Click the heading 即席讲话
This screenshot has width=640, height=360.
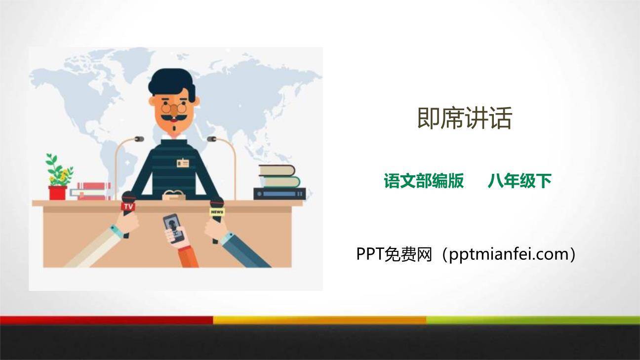(464, 119)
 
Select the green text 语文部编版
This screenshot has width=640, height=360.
(424, 181)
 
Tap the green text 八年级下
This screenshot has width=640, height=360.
(519, 181)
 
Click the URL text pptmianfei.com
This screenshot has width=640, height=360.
(506, 254)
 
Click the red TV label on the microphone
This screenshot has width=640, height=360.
(128, 206)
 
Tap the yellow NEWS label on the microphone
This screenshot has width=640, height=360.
(217, 212)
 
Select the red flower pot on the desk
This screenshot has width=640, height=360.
(58, 193)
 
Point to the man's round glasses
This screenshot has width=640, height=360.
(174, 108)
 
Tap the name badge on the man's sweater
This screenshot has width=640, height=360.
(183, 162)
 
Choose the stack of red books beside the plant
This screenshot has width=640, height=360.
(92, 191)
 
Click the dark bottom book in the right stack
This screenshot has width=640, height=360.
(280, 194)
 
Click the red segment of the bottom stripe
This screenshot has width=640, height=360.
(106, 320)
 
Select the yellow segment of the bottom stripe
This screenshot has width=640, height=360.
(320, 320)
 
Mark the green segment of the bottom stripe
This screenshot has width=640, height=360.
(533, 320)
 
